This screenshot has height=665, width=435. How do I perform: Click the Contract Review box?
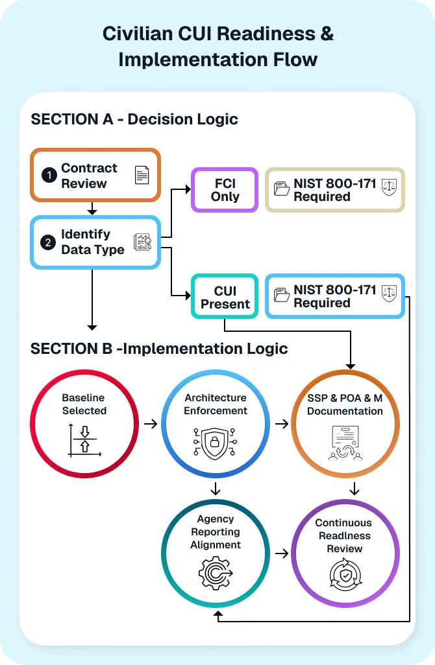click(95, 175)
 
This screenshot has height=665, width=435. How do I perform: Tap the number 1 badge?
click(49, 176)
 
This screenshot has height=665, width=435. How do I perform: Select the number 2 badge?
click(48, 242)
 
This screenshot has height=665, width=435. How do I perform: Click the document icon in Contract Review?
click(141, 175)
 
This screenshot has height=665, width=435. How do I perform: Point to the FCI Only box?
click(225, 190)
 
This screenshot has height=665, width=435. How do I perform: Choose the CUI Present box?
click(225, 297)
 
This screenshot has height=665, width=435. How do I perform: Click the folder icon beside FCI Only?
click(282, 190)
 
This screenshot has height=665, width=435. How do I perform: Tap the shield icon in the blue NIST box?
click(389, 296)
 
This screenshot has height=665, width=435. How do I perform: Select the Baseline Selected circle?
click(84, 423)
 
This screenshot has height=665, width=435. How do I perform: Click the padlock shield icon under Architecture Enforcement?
click(215, 443)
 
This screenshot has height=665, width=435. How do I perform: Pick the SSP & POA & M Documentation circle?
click(345, 423)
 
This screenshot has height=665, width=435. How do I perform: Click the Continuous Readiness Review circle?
click(345, 553)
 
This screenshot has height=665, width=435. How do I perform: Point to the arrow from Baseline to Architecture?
click(150, 424)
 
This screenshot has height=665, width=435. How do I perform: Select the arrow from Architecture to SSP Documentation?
click(282, 424)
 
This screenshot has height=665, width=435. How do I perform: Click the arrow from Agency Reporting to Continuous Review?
click(282, 554)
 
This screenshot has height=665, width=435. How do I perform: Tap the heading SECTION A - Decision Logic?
click(134, 119)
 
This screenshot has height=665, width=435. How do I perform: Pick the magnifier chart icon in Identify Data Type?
click(142, 242)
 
